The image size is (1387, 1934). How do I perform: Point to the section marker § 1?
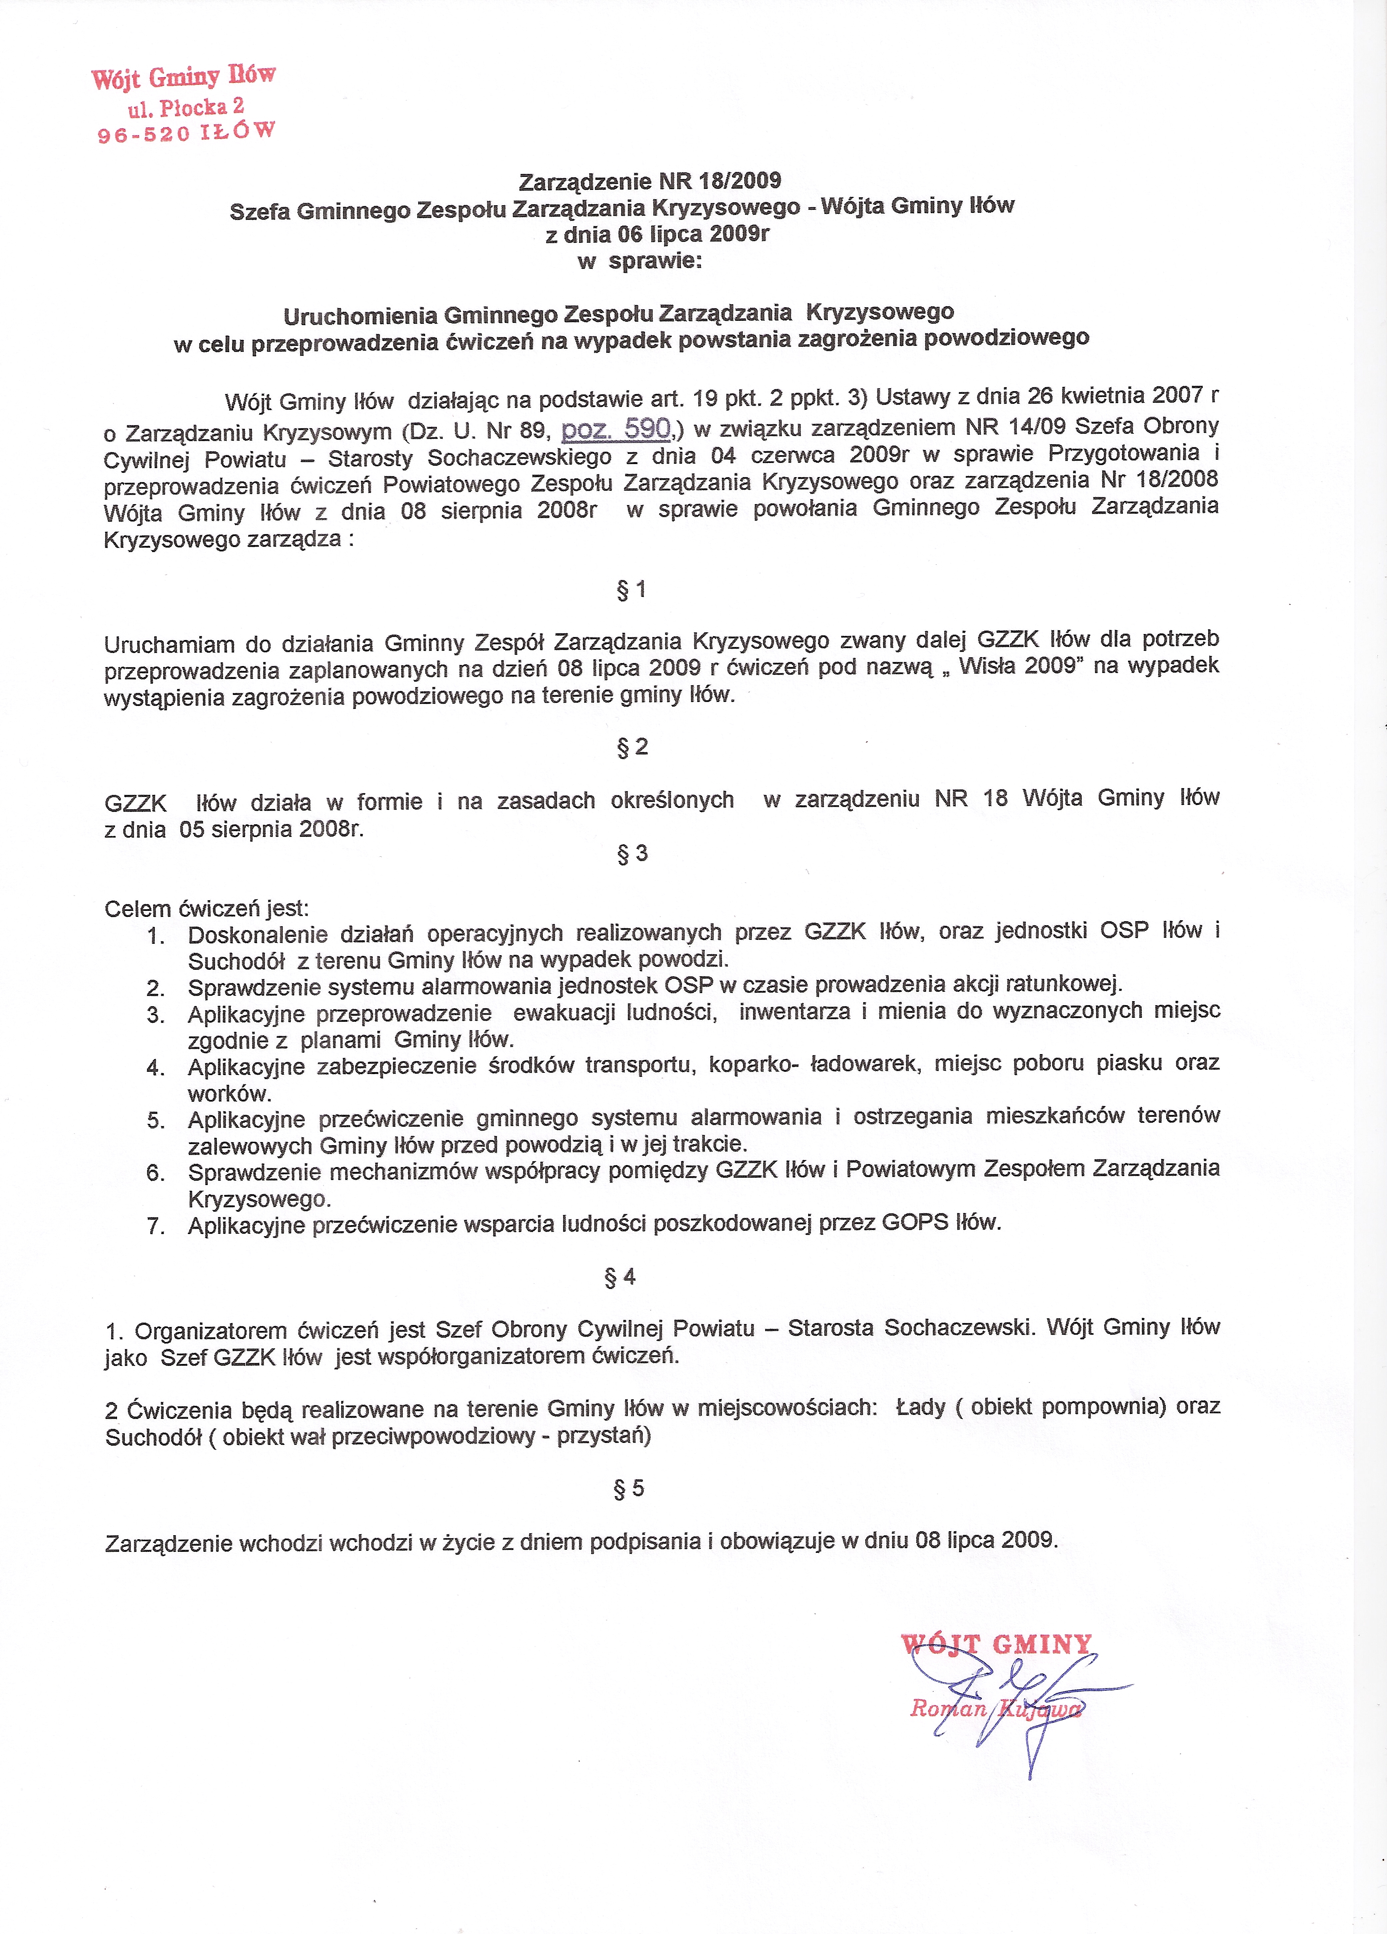coord(631,589)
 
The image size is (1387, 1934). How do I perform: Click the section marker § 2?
coord(632,747)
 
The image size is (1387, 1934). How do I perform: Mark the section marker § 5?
coord(629,1488)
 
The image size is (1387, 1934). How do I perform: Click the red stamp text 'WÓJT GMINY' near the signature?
coord(996,1644)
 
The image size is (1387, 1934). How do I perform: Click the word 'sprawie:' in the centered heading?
coord(655,261)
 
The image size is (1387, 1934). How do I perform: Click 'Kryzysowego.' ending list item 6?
coord(259,1199)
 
